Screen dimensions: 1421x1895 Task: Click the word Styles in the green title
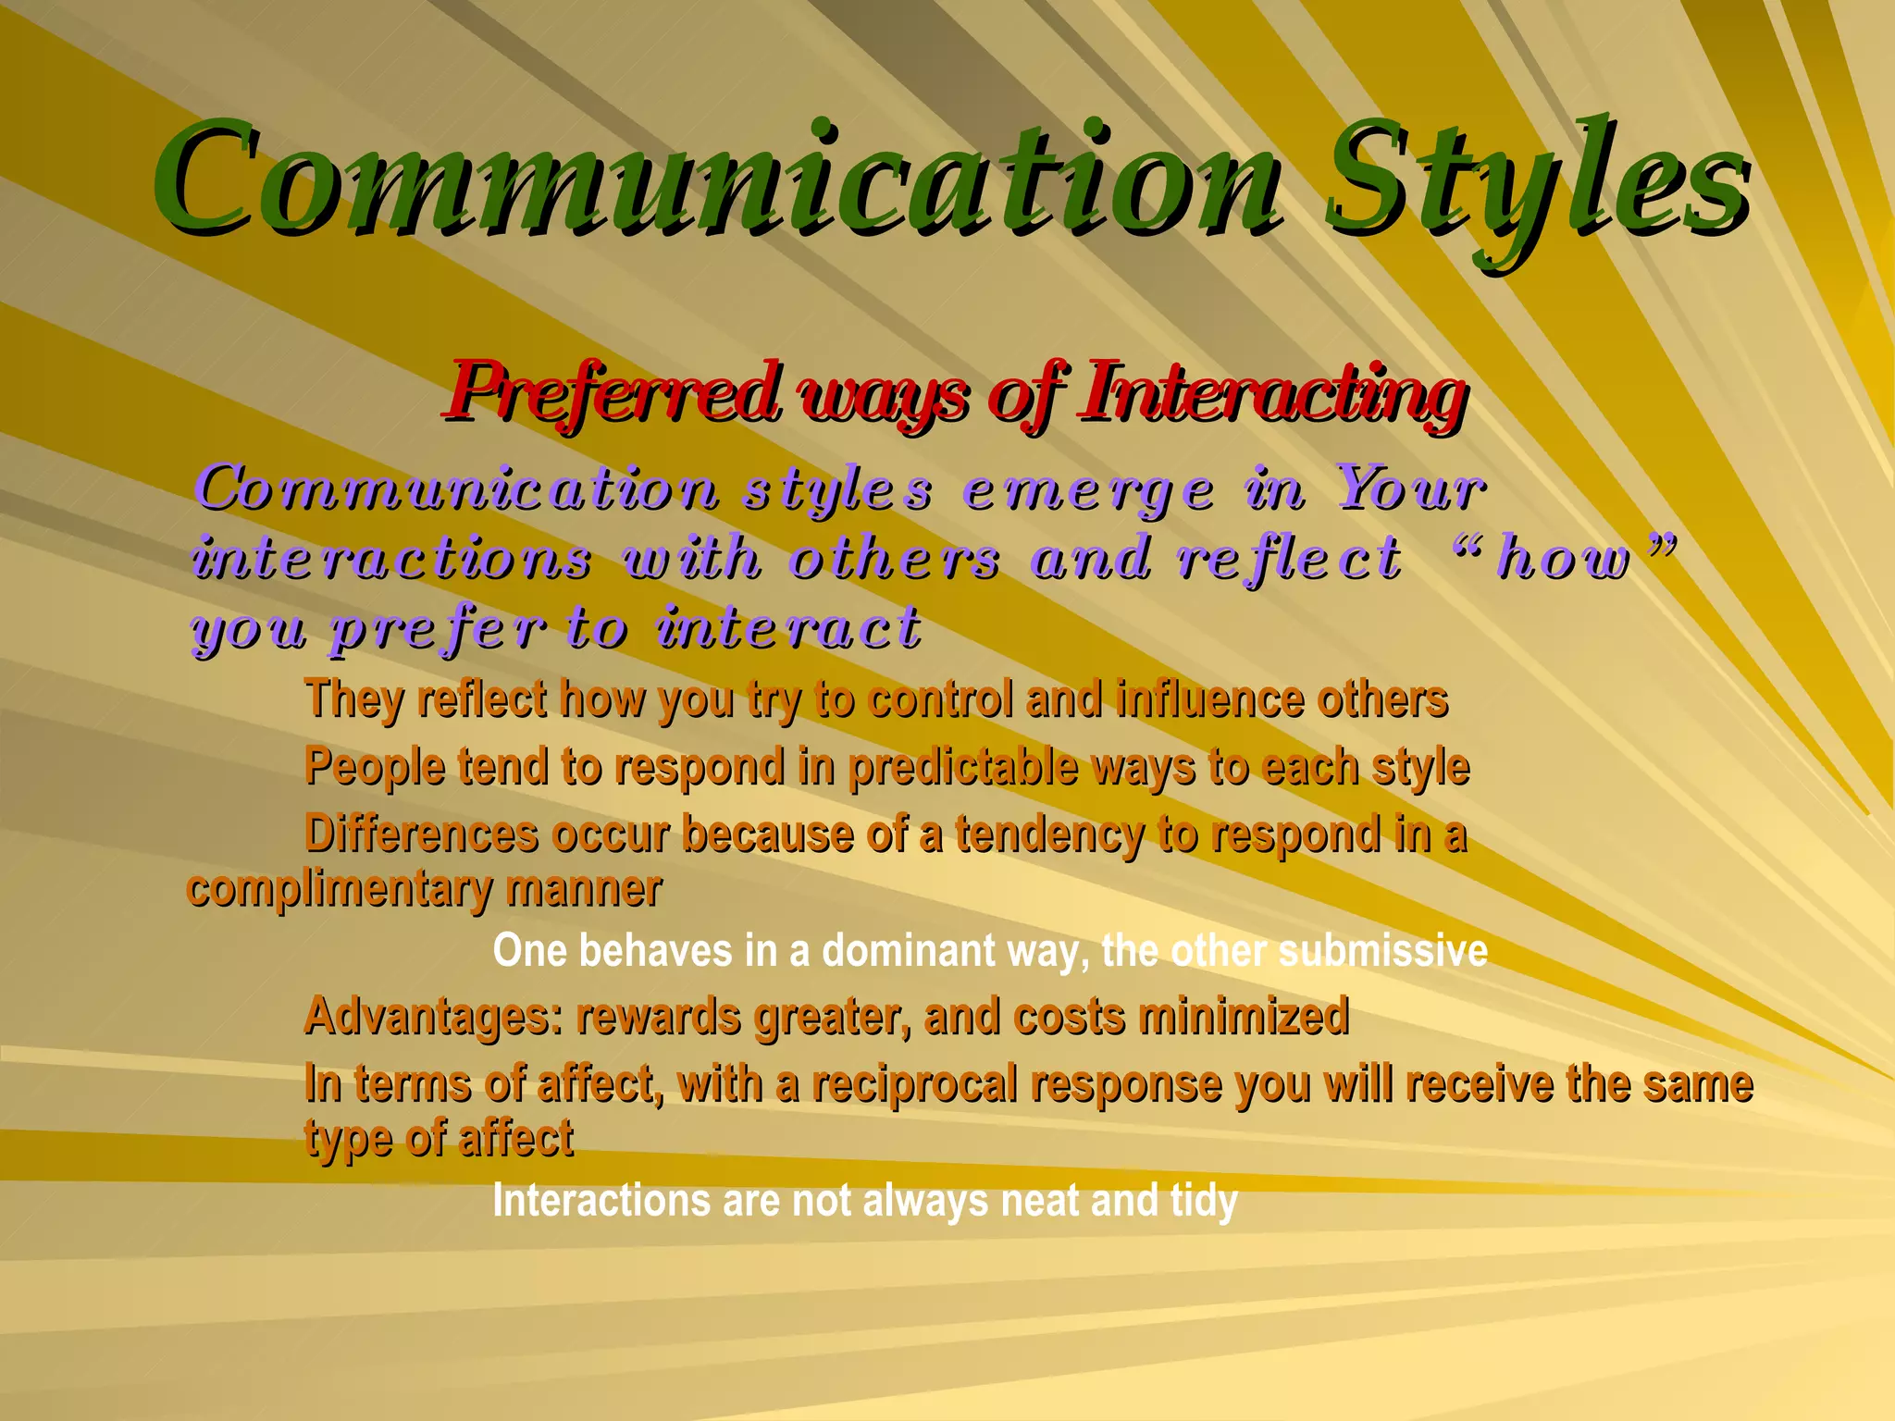pyautogui.click(x=1536, y=180)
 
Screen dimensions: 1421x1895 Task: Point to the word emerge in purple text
pyautogui.click(x=1088, y=490)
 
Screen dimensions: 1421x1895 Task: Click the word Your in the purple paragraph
pyautogui.click(x=1410, y=488)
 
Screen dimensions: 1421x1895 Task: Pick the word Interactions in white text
pyautogui.click(x=601, y=1201)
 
